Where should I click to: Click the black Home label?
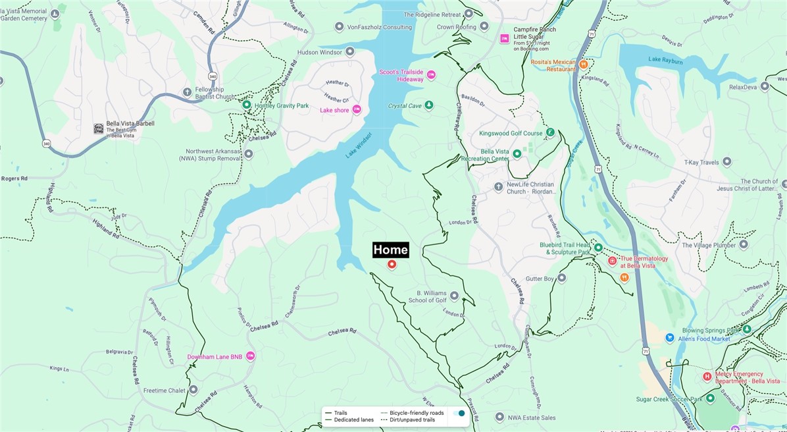click(391, 250)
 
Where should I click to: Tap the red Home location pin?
click(392, 264)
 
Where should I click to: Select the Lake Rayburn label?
click(665, 59)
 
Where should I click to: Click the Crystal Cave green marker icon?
click(429, 105)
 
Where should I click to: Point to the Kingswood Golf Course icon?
click(551, 132)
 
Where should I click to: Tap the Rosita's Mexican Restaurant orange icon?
click(583, 64)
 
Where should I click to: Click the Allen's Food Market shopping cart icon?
click(669, 338)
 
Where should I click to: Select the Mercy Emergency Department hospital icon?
click(707, 377)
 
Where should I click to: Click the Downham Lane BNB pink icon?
click(250, 356)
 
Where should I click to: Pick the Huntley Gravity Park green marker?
click(247, 105)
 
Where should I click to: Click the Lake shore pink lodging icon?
click(357, 109)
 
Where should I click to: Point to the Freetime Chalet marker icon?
click(193, 390)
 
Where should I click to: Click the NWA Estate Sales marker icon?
click(500, 417)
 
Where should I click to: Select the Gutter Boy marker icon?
click(561, 279)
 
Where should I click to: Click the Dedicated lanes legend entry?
click(353, 419)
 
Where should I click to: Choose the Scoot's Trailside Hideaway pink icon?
click(432, 75)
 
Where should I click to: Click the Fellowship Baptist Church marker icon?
click(188, 92)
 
